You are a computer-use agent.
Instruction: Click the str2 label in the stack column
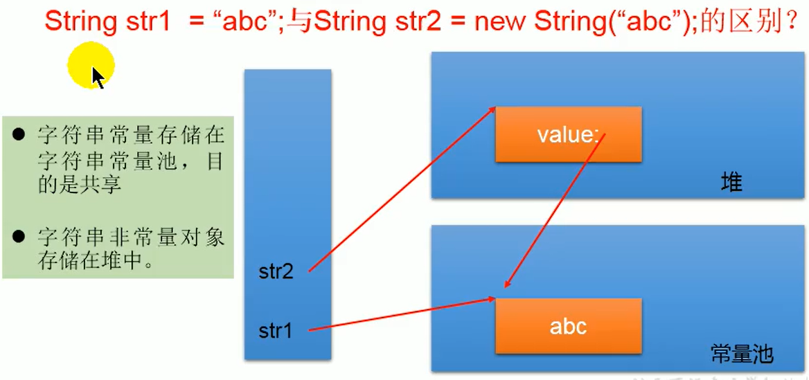pos(276,271)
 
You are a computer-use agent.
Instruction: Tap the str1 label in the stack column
pos(276,331)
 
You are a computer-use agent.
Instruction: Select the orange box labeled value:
pos(568,134)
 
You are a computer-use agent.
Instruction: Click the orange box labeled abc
pos(568,326)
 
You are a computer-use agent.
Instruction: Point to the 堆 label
pos(731,183)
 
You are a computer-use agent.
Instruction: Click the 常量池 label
pos(742,354)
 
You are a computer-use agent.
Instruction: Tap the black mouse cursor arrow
pos(98,77)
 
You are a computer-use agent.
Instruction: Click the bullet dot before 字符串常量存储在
pos(19,134)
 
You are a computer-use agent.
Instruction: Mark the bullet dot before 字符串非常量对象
pos(19,237)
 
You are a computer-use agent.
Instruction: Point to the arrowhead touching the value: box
pos(493,109)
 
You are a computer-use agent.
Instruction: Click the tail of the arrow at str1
pos(310,330)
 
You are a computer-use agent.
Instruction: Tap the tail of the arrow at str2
pos(310,270)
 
